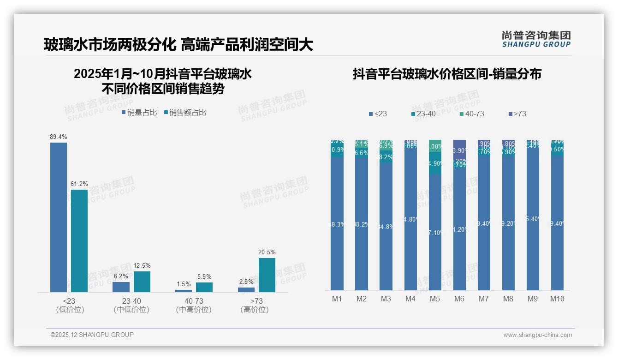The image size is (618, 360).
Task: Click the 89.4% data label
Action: pyautogui.click(x=59, y=137)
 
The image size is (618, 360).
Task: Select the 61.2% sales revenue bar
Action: pyautogui.click(x=79, y=240)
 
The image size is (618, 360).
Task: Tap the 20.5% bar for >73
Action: pyautogui.click(x=267, y=275)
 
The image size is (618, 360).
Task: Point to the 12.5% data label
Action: pyautogui.click(x=142, y=265)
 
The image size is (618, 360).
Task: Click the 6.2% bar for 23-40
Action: pyautogui.click(x=121, y=287)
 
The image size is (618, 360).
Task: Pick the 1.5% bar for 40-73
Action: pyautogui.click(x=184, y=291)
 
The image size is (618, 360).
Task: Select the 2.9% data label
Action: pyautogui.click(x=246, y=282)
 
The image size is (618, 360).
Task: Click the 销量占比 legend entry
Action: pyautogui.click(x=139, y=112)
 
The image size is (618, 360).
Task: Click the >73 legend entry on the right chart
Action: pyautogui.click(x=517, y=114)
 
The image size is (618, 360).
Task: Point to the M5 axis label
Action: pyautogui.click(x=435, y=299)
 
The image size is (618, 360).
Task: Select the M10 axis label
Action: pyautogui.click(x=557, y=299)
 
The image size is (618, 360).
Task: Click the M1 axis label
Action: pyautogui.click(x=337, y=299)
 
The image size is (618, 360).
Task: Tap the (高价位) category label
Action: pyautogui.click(x=255, y=310)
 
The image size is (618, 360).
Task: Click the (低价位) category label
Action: pyautogui.click(x=70, y=310)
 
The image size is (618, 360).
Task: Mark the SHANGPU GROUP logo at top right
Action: pyautogui.click(x=536, y=39)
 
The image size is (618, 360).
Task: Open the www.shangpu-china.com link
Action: pyautogui.click(x=537, y=335)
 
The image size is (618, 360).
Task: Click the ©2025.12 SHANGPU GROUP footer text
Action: pyautogui.click(x=92, y=335)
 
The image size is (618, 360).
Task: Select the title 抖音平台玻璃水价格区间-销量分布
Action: pyautogui.click(x=446, y=74)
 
